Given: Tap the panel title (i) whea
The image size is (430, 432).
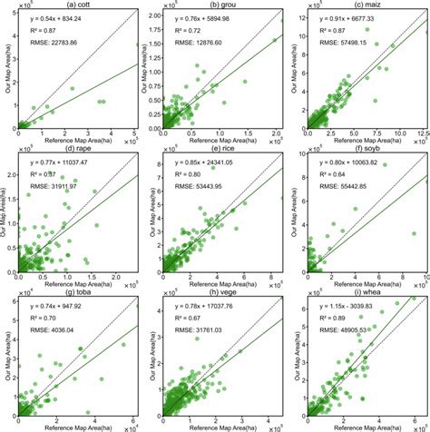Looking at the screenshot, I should (x=366, y=292).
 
